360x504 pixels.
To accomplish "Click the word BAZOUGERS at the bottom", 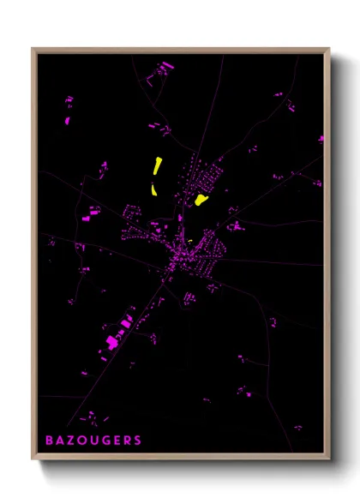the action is pos(94,441).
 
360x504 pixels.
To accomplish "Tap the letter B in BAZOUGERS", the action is pos(51,441).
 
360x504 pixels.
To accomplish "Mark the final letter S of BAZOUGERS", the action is pos(138,441).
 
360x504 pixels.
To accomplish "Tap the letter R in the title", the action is pos(128,441).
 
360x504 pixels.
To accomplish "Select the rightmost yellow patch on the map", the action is pos(201,201).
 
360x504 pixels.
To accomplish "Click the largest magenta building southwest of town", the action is pos(112,343).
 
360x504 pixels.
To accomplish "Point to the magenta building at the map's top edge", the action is pos(165,64).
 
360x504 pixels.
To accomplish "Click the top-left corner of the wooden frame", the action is pos(33,50).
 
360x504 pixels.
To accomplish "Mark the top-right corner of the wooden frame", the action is pos(328,50).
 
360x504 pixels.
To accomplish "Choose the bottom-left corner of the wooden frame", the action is pos(33,459).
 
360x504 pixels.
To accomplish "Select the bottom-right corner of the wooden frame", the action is pos(328,459).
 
